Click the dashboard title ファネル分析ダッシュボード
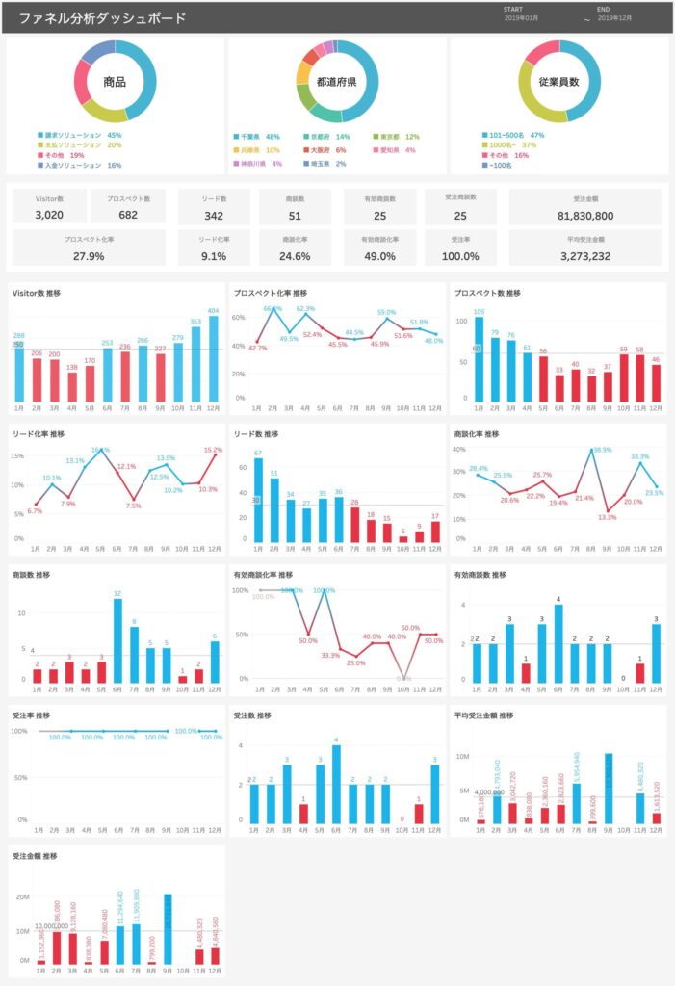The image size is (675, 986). tap(102, 18)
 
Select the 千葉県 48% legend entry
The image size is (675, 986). tap(259, 137)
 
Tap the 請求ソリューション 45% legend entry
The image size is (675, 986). tap(80, 136)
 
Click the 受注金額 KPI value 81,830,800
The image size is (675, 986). tap(585, 215)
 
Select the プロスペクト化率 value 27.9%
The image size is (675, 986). tap(89, 256)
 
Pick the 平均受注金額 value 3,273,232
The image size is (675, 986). tap(585, 256)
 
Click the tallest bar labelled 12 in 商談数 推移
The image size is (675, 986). tap(117, 640)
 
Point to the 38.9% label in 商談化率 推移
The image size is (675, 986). tap(602, 450)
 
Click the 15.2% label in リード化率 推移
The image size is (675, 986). tap(212, 450)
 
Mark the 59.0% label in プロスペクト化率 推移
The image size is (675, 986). tap(386, 313)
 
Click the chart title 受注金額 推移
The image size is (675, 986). tap(38, 855)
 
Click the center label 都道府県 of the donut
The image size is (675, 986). tap(336, 82)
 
